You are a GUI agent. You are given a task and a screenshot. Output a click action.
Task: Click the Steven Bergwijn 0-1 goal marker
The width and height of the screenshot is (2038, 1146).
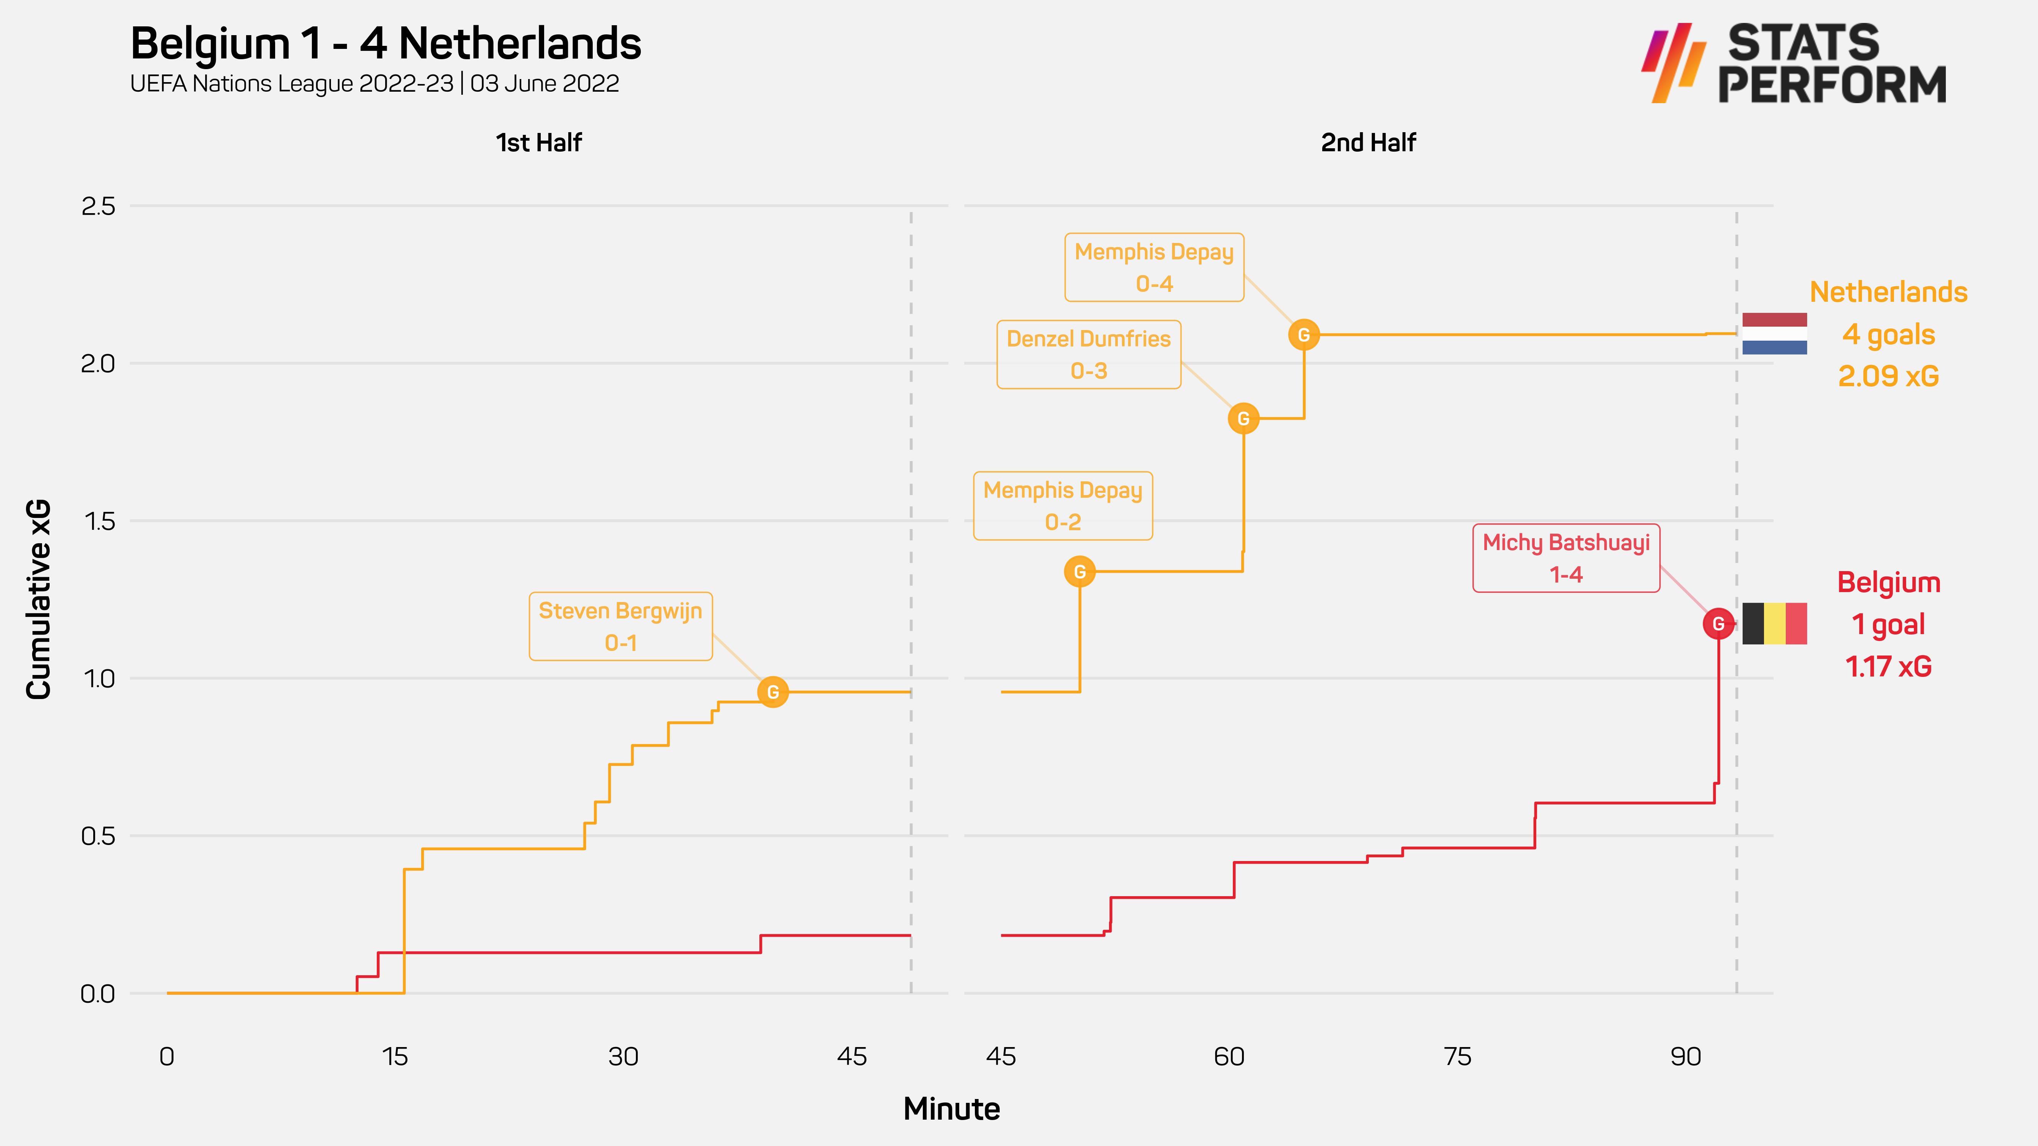[x=773, y=692]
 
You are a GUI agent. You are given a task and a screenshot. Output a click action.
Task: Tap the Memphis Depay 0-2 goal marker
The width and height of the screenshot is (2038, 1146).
[x=1080, y=571]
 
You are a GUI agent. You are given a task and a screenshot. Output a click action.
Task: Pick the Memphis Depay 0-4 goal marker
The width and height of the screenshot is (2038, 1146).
[x=1304, y=335]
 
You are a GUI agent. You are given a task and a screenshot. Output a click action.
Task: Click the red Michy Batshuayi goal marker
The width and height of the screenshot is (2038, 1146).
[x=1719, y=624]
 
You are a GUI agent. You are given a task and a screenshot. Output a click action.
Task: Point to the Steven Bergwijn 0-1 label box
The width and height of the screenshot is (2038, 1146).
[x=620, y=626]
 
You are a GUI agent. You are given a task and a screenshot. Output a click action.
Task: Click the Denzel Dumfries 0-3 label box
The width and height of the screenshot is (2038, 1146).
[x=1089, y=354]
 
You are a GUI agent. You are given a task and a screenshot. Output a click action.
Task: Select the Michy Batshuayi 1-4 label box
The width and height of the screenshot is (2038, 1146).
[x=1566, y=558]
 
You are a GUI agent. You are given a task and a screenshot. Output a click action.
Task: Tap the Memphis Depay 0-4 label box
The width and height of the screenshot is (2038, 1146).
[x=1154, y=267]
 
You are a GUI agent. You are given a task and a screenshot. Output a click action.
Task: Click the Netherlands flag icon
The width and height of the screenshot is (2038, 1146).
[x=1775, y=334]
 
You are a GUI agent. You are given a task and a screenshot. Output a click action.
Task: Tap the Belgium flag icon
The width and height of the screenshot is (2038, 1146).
[x=1775, y=624]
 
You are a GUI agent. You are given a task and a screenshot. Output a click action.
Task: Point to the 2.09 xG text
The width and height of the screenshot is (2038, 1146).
[x=1889, y=377]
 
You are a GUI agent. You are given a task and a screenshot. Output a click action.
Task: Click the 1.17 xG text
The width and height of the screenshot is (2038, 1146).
[x=1889, y=667]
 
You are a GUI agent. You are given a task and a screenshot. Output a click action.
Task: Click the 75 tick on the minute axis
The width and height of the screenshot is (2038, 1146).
[x=1457, y=1057]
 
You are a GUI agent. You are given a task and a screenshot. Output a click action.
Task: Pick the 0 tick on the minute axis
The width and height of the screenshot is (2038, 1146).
[x=167, y=1057]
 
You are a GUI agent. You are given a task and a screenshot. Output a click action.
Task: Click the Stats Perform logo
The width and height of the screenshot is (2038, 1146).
[x=1794, y=63]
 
